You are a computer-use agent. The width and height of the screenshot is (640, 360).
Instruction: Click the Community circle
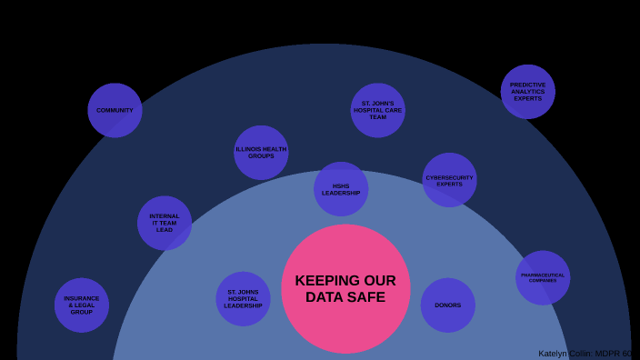[x=115, y=110]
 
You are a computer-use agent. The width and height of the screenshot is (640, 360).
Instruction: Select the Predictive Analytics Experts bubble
[x=527, y=91]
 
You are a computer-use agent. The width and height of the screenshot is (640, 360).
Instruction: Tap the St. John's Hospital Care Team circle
[x=377, y=110]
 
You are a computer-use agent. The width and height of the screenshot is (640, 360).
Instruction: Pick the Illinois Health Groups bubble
[x=261, y=152]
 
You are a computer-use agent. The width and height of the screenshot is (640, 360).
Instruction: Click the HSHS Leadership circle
[x=341, y=189]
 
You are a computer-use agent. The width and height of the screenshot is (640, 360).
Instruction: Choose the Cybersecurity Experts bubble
[x=449, y=180]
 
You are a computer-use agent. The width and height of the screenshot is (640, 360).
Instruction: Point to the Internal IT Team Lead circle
[x=165, y=223]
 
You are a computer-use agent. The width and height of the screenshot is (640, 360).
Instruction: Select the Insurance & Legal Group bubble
[x=82, y=305]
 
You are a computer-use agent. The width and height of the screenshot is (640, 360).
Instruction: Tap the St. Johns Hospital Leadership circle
[x=243, y=298]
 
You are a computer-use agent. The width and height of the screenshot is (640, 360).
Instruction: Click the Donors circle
[x=447, y=305]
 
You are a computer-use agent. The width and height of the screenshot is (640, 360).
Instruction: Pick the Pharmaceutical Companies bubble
[x=543, y=277]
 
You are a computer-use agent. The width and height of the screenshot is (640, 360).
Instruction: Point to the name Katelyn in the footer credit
[x=554, y=354]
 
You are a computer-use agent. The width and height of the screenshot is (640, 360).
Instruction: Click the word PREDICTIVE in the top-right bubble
[x=527, y=85]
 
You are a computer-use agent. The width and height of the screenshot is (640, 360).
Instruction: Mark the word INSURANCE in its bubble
[x=82, y=298]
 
